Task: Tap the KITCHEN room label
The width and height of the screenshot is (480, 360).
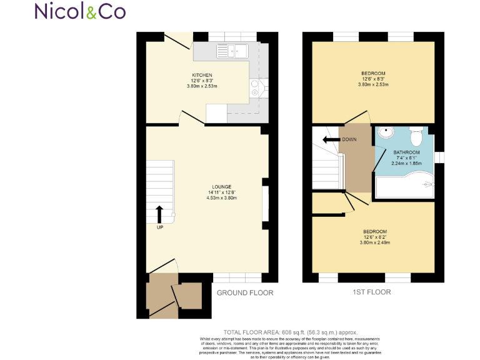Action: (202, 75)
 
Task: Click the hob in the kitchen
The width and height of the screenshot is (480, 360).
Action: (256, 88)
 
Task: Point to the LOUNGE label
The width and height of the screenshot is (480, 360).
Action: (221, 186)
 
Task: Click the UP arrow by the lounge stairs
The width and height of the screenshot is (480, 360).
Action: (159, 214)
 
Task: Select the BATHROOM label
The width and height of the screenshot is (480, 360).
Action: (406, 152)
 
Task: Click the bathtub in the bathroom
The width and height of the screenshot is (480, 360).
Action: (405, 184)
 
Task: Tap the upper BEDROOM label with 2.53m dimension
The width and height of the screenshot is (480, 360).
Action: (373, 74)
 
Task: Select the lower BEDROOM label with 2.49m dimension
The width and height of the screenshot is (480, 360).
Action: (375, 232)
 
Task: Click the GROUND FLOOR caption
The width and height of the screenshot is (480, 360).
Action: (244, 292)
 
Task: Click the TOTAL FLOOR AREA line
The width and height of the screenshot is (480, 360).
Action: (291, 332)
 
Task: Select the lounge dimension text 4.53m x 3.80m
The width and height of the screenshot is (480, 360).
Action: (221, 197)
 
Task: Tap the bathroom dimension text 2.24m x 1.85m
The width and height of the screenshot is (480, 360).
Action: (406, 164)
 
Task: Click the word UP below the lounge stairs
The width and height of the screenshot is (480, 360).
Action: (160, 227)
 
